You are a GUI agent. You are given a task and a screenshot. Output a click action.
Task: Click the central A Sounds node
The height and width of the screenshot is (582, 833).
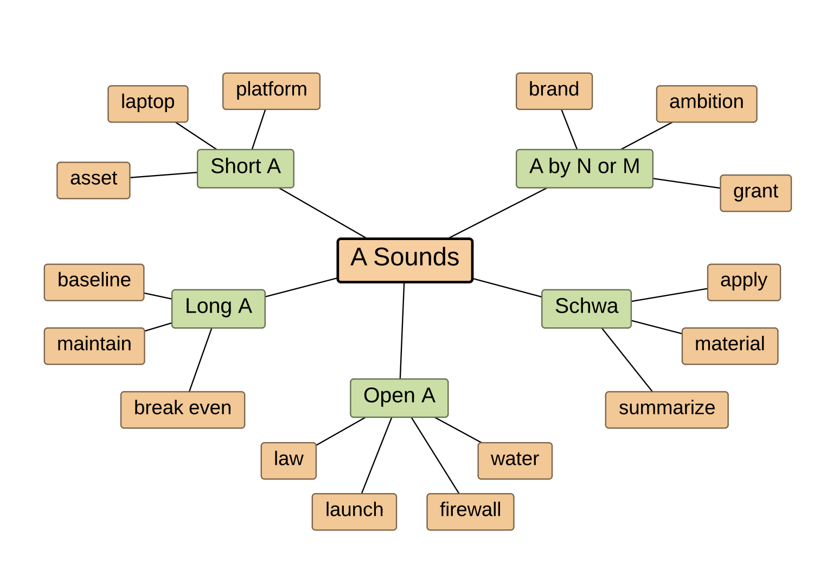pos(405,260)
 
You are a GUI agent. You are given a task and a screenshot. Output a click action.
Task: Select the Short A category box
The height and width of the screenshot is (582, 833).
pos(245,169)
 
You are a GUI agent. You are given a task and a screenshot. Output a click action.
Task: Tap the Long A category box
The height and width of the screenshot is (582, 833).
pos(218,308)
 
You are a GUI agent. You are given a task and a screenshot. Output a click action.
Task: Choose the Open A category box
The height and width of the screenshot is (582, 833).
pos(399,398)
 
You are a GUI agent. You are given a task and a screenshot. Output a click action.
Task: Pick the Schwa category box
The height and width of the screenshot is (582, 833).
pos(586,308)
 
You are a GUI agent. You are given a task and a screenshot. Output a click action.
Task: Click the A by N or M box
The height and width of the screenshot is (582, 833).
pos(584,169)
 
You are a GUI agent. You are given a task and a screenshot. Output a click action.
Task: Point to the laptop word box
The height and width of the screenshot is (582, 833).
pos(148,104)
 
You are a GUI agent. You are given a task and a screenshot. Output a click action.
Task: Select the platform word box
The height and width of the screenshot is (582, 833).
pos(271,91)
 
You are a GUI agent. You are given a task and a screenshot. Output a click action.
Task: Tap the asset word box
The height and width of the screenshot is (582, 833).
pos(93,180)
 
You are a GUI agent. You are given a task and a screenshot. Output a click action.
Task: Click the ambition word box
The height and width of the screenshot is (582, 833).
pos(706,104)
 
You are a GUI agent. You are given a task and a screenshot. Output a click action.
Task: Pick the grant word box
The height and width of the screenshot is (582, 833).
pos(755,193)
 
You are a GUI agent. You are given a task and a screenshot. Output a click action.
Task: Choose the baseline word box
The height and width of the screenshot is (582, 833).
pos(94,282)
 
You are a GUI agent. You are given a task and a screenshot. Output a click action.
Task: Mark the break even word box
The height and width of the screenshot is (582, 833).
pos(183,410)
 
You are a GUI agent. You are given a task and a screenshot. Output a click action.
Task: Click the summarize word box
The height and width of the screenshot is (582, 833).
pos(667,410)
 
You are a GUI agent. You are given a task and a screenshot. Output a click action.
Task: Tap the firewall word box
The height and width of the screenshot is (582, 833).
pos(470,512)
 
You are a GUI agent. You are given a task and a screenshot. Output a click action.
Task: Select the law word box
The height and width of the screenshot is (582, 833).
pos(289,461)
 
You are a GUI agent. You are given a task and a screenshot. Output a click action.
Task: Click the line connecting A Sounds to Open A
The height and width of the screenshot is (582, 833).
pos(402,331)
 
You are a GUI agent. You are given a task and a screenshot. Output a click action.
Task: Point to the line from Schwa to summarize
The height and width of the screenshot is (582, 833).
pos(627,359)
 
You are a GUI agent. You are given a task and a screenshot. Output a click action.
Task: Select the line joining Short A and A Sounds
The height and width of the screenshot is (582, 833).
pos(323,213)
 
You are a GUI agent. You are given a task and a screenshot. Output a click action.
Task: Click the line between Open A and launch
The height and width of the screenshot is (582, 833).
pos(376,455)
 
